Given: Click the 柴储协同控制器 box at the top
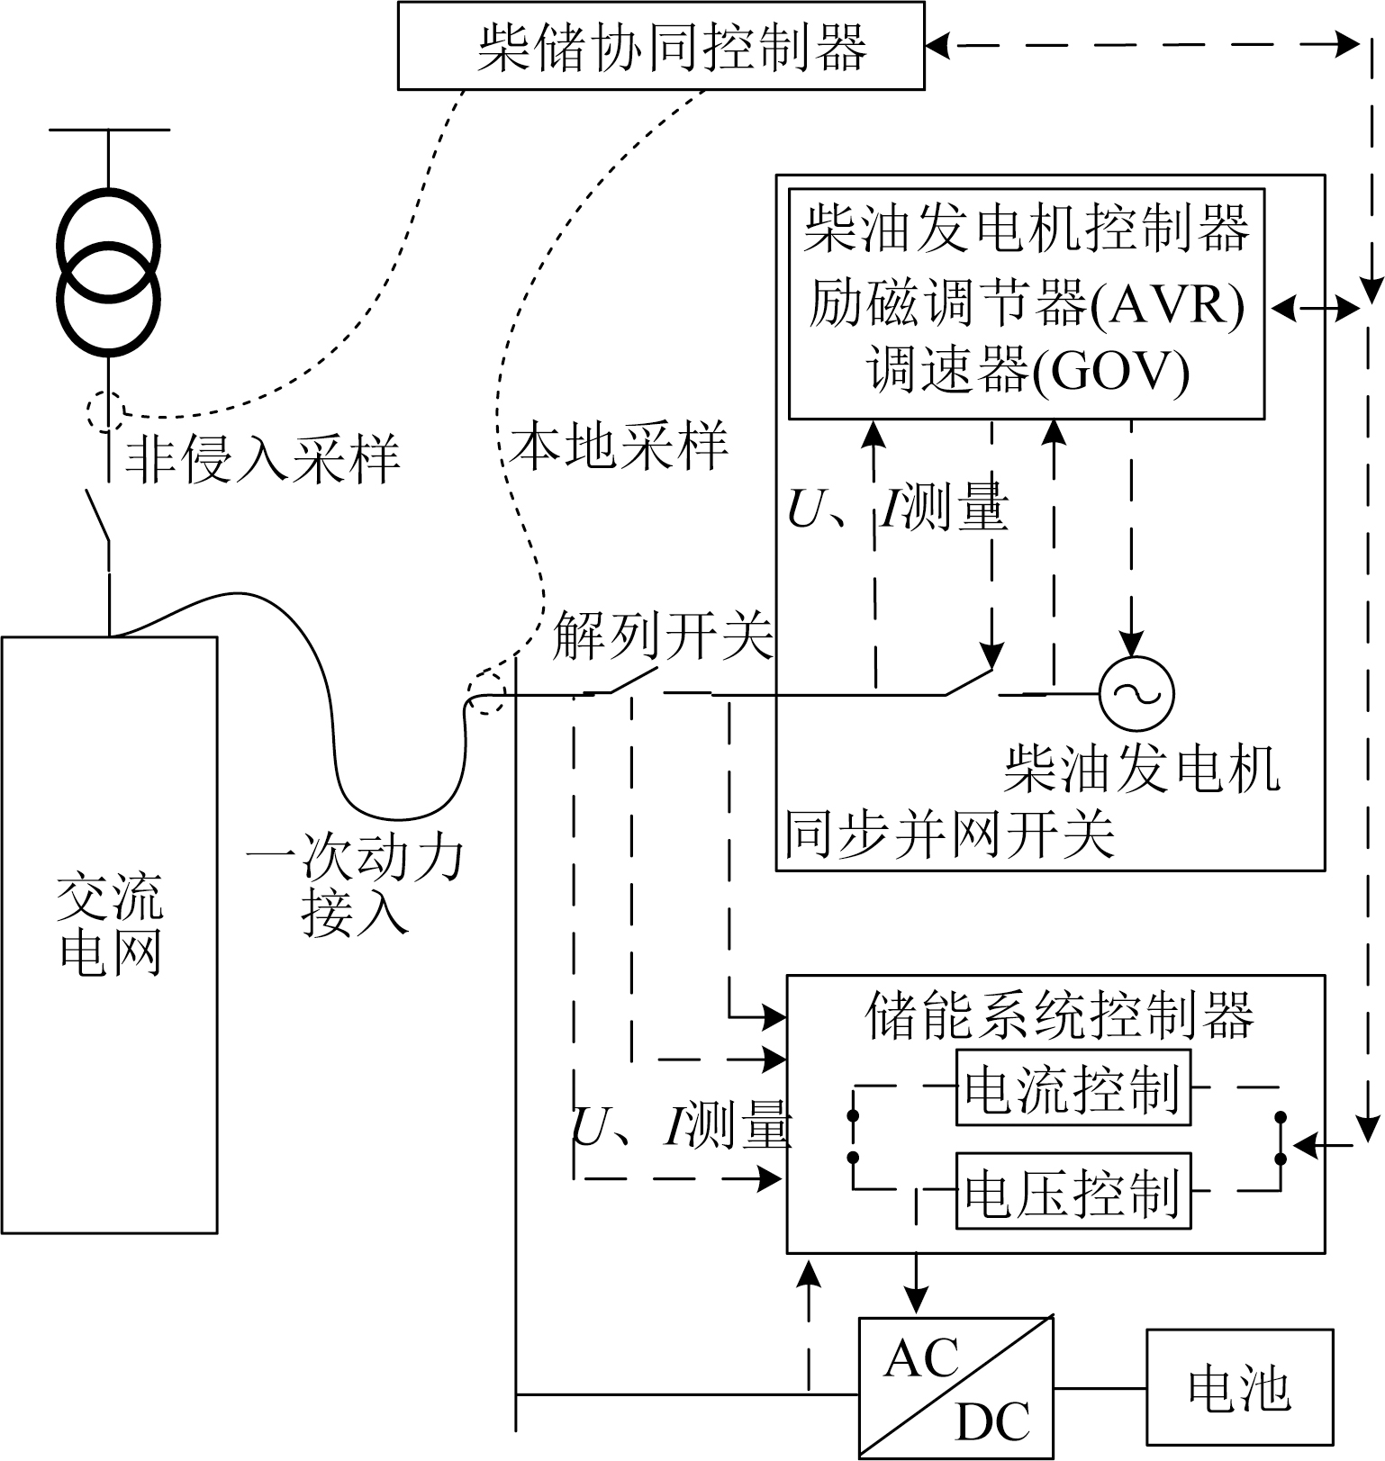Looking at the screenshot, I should tap(660, 46).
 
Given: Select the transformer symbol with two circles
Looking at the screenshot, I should tap(109, 271).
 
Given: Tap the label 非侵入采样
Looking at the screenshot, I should tap(261, 459).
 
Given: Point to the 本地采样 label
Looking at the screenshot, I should tap(618, 446).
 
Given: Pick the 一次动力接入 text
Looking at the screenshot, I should tap(355, 886).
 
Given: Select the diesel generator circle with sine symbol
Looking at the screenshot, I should tap(1136, 693).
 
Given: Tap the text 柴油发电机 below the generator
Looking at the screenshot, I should tap(1141, 770).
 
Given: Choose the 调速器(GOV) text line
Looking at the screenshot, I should tap(1027, 370).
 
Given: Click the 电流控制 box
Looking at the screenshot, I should tap(1073, 1087).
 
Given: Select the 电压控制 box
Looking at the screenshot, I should tap(1073, 1191).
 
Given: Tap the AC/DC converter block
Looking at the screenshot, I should tap(955, 1387).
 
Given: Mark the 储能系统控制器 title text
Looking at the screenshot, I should tap(1058, 1015).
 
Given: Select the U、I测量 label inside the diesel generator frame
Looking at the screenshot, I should tap(897, 510).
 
